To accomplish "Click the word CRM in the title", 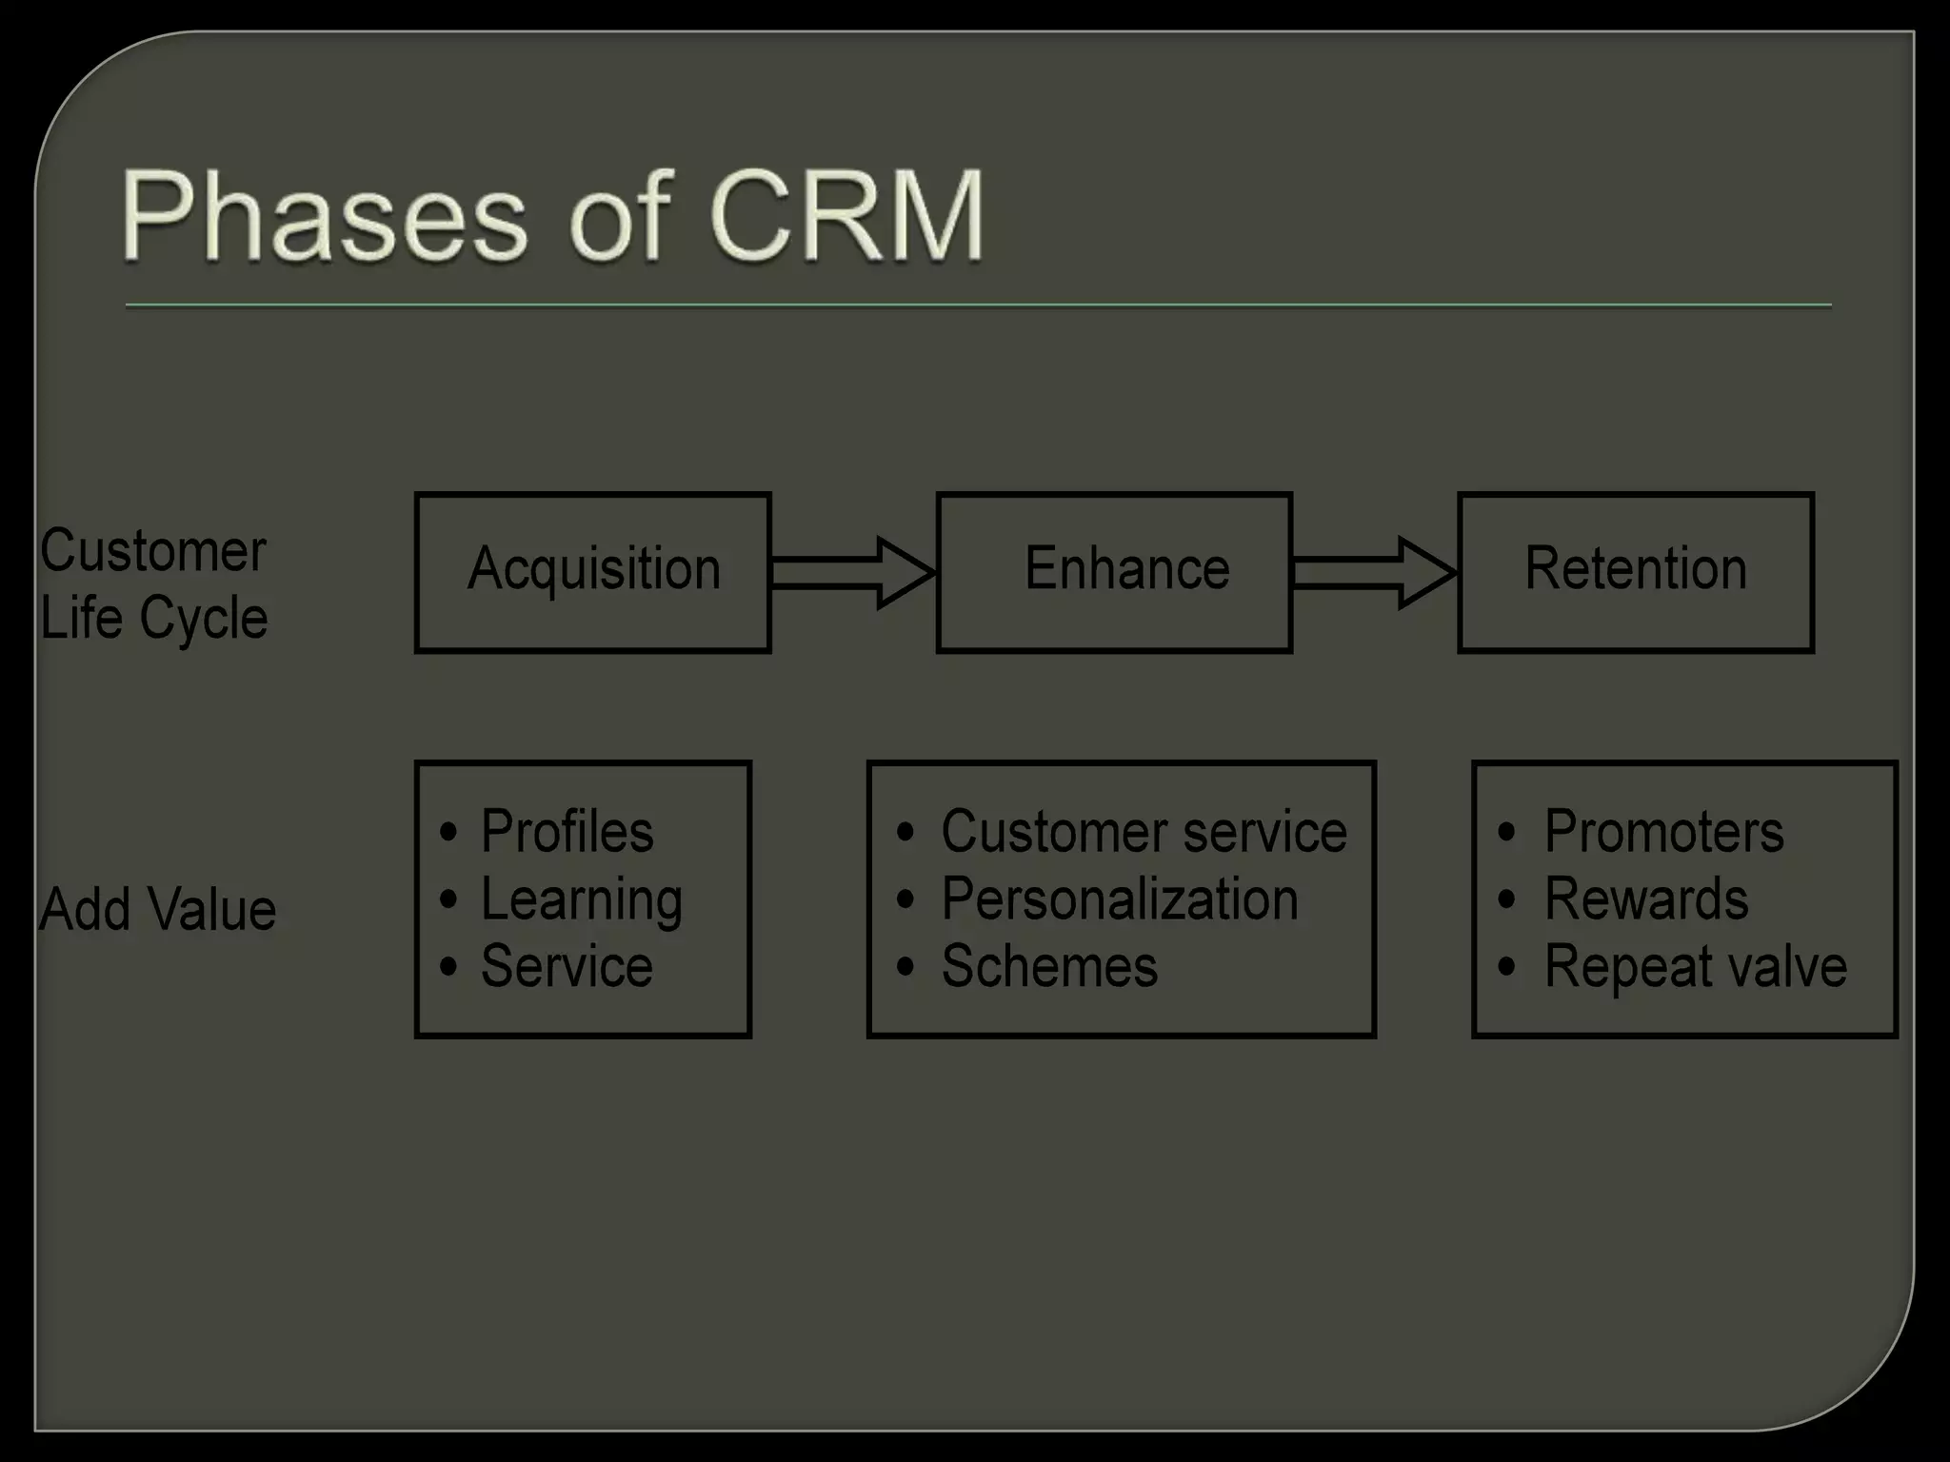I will coord(846,217).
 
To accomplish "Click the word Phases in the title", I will coord(322,217).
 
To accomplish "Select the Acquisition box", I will coord(592,571).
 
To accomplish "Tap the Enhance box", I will coord(1114,571).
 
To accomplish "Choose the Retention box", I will coord(1635,571).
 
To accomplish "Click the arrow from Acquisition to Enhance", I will coord(852,572).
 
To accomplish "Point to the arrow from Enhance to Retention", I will coord(1373,572).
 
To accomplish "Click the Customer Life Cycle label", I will coord(153,583).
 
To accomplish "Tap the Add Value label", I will coord(157,909).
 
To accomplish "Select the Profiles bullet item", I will coord(567,832).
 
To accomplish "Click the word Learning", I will coord(581,899).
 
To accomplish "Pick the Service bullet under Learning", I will coord(567,967).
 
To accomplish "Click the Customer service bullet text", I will coord(1144,832).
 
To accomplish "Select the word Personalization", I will coord(1120,899).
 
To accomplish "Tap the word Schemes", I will coord(1049,967).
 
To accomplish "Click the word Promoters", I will coord(1663,832).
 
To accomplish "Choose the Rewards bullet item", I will coord(1646,899).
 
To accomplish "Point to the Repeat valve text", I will coord(1695,967).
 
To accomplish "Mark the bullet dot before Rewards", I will coord(1506,899).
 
